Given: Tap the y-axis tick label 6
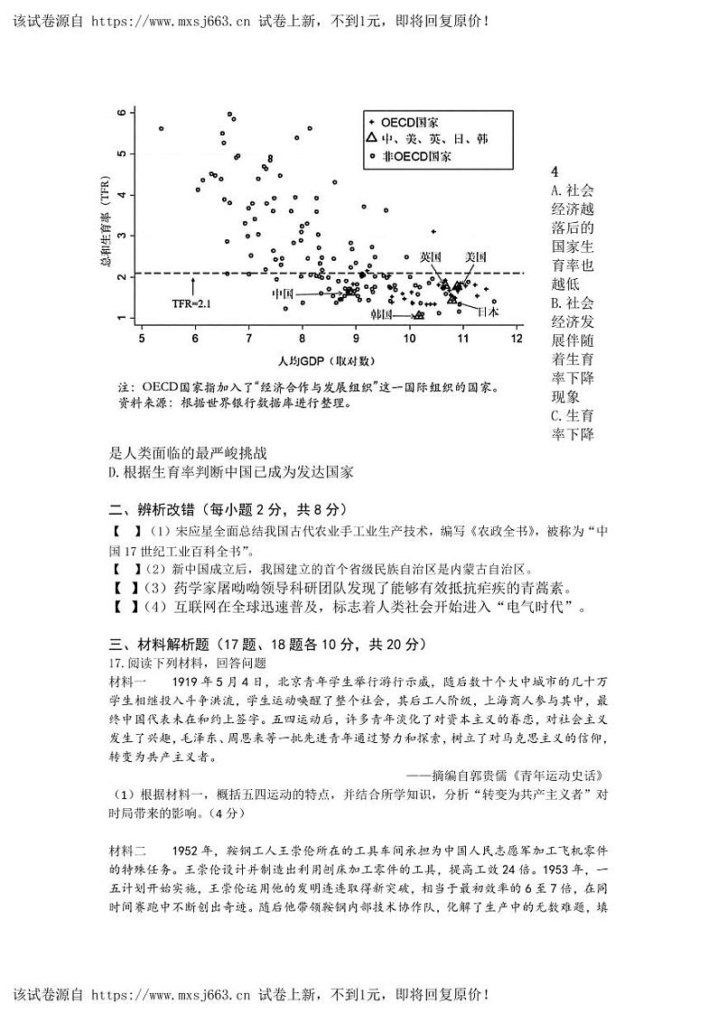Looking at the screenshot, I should (120, 112).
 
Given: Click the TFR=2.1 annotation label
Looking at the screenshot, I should (191, 304).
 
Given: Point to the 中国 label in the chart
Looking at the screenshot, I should (283, 293).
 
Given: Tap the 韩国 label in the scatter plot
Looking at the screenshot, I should (381, 314).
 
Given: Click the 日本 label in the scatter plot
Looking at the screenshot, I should (488, 311).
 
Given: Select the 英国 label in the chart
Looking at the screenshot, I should (431, 256).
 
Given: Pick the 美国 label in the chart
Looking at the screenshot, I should (476, 256).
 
